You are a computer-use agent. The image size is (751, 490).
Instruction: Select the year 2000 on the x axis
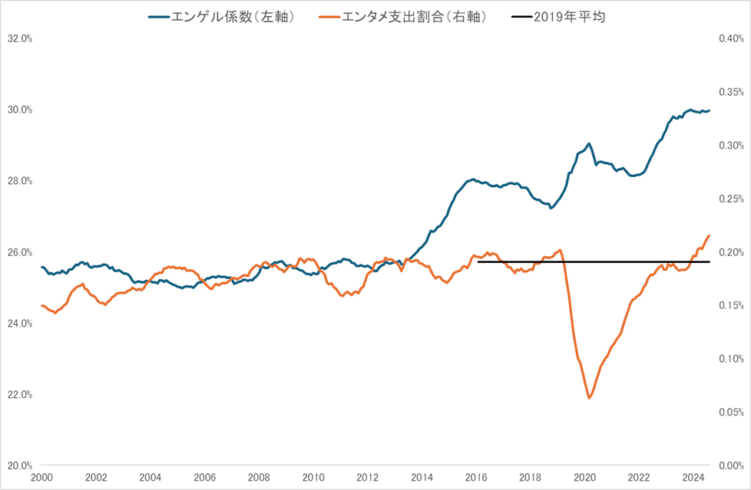[41, 477]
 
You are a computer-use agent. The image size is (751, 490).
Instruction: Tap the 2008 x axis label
[259, 477]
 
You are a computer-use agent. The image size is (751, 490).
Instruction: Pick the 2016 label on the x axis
[476, 477]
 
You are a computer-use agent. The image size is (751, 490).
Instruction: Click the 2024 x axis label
[693, 477]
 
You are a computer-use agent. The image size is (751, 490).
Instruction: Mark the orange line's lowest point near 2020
[589, 398]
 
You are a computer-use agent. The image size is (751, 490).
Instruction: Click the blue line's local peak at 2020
[588, 143]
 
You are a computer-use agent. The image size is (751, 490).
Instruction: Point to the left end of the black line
[478, 261]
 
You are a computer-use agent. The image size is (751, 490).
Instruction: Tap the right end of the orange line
[709, 235]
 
